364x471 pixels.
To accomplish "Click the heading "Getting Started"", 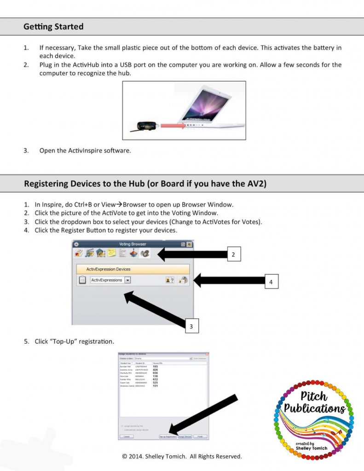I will [x=53, y=27].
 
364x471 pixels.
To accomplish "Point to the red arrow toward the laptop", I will [x=173, y=125].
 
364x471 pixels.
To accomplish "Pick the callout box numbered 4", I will [x=271, y=282].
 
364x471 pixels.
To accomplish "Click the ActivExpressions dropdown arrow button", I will [x=127, y=280].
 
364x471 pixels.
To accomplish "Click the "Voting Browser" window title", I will [x=132, y=244].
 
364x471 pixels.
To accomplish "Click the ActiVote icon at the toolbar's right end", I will [x=144, y=253].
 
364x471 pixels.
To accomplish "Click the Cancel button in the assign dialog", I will [x=127, y=436].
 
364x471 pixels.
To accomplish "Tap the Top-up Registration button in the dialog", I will [x=168, y=436].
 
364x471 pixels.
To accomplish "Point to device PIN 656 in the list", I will [x=155, y=373].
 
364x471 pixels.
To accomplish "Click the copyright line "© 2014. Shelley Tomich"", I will [x=182, y=456].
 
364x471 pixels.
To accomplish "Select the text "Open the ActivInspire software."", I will [x=85, y=150].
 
